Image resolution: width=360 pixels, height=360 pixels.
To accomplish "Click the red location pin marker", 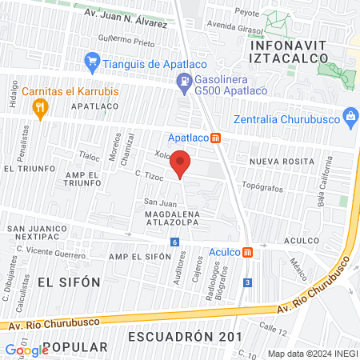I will pos(182,163).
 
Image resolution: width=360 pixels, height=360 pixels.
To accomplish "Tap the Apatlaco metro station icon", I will pos(215,137).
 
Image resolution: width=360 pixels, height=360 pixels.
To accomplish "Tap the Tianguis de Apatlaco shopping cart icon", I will pos(92,61).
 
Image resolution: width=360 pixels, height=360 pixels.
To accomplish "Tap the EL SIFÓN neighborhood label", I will pos(68,282).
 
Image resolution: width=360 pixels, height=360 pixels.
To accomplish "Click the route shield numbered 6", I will pos(174,242).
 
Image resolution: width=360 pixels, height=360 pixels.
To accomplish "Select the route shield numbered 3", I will pos(248,282).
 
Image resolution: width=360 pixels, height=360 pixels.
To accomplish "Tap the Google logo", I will pos(26,350).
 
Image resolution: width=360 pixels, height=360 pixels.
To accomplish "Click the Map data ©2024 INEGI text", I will pos(311,353).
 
